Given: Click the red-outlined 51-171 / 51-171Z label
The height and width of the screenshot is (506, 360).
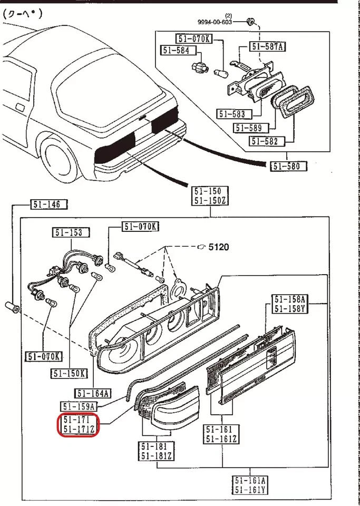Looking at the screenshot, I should point(79,425).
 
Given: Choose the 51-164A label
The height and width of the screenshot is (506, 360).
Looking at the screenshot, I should point(93,393).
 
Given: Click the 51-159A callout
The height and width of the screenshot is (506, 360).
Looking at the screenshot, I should point(79,406).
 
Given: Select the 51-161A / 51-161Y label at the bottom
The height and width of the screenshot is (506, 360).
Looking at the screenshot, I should point(251,484).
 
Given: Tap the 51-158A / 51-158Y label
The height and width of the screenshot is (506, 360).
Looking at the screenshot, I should point(289,304).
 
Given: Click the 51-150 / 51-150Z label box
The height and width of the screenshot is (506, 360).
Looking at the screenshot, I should point(209,196).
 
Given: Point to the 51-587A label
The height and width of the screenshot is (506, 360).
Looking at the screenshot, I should point(268,47).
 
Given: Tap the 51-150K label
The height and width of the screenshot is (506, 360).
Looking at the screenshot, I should point(69,374).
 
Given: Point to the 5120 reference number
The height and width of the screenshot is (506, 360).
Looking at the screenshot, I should point(217,247).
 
